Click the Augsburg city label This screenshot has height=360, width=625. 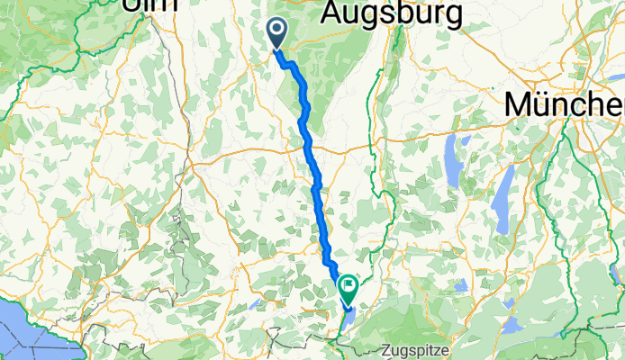(392, 13)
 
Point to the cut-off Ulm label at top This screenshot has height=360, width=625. (148, 4)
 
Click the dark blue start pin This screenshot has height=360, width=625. (276, 34)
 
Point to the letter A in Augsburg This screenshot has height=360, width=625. (332, 13)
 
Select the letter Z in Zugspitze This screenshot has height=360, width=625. (385, 347)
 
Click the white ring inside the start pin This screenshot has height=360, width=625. (276, 31)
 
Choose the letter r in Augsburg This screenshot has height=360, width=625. (448, 13)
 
